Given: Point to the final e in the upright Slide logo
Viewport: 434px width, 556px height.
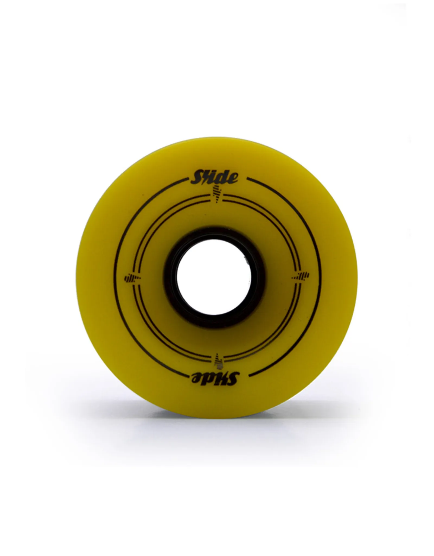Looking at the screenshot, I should click(x=233, y=179).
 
